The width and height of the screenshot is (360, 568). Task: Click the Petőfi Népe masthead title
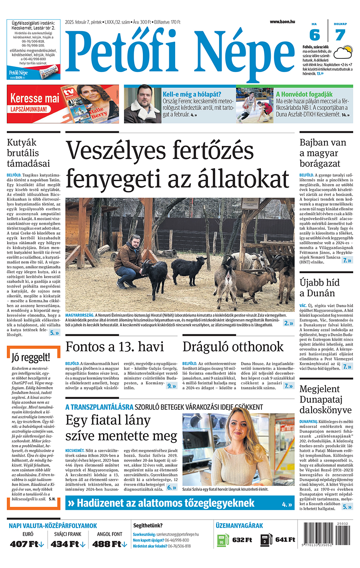click(180, 52)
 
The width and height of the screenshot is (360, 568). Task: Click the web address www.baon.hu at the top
click(282, 22)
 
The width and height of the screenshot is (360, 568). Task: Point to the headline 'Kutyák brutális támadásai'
click(28, 153)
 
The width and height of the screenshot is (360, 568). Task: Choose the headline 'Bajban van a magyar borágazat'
click(323, 153)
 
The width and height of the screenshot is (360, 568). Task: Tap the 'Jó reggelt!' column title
click(31, 357)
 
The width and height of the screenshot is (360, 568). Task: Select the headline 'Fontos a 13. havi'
click(114, 346)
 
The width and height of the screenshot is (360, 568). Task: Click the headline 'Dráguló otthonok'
click(233, 346)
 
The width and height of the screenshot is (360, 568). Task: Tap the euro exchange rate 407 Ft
click(25, 544)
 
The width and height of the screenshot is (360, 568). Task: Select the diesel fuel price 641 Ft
click(285, 540)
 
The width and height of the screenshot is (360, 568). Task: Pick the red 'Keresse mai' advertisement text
click(34, 98)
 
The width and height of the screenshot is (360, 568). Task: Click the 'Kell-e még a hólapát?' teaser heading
click(192, 94)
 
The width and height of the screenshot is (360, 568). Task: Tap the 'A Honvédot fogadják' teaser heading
click(304, 94)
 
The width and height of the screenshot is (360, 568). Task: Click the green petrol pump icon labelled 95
click(222, 540)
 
